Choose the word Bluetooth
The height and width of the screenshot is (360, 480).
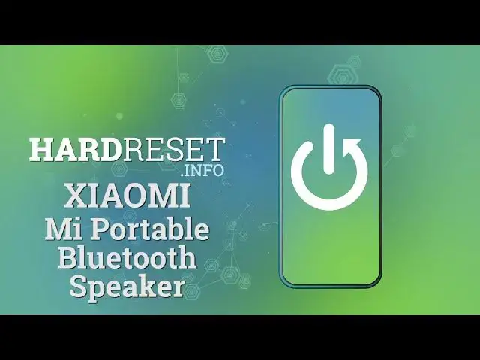[x=127, y=257]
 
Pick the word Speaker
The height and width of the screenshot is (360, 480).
[x=127, y=286]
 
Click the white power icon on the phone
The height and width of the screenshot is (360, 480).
[x=330, y=167]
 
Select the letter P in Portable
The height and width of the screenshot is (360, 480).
[x=100, y=229]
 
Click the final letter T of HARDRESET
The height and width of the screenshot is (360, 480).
[x=217, y=149]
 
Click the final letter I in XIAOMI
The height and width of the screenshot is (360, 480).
[x=184, y=197]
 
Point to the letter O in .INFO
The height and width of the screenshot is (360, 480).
[x=218, y=169]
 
